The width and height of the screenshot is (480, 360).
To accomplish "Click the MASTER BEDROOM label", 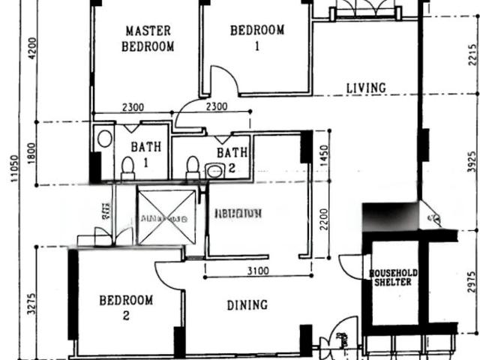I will (x=148, y=38).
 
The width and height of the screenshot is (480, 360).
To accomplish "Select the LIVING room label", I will (x=366, y=88).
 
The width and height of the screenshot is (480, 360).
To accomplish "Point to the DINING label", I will (x=247, y=304).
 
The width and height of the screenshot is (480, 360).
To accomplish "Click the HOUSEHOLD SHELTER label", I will (x=393, y=277).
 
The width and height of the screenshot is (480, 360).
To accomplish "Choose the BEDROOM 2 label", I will (x=126, y=307).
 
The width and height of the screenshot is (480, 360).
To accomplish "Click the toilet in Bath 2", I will (x=193, y=166).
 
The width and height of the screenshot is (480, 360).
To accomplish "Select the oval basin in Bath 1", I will (x=105, y=139).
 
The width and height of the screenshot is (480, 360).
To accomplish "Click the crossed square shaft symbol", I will (x=166, y=217).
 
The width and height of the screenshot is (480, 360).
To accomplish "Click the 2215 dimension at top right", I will (x=470, y=57).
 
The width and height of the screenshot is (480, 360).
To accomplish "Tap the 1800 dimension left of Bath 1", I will (x=31, y=153).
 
